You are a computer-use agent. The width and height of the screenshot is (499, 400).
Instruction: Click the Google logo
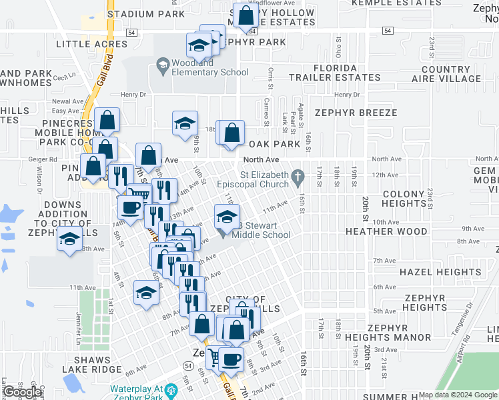(x=22, y=392)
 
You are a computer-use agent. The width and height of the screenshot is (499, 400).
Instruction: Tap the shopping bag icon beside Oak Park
(x=231, y=133)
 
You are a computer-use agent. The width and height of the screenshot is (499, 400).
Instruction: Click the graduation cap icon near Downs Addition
(x=68, y=240)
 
